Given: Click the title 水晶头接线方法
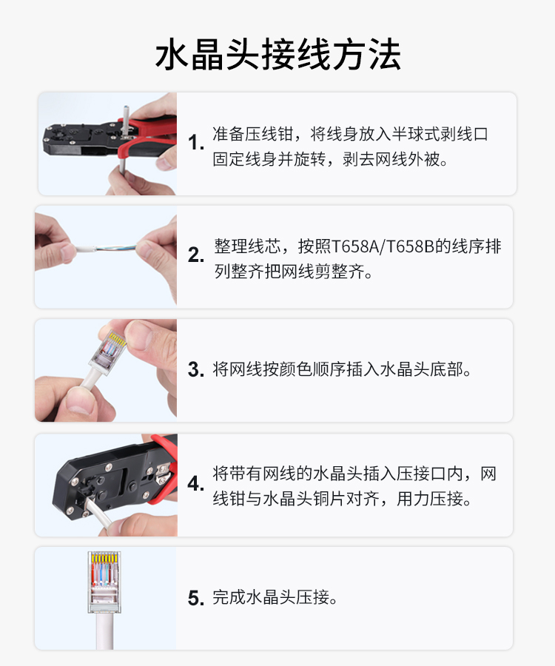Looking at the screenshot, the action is click(x=277, y=54).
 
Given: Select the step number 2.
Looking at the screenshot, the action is click(x=196, y=255).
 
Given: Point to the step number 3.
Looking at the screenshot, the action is click(x=196, y=369).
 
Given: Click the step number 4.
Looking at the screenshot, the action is click(x=196, y=483).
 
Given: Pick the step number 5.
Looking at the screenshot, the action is click(x=196, y=598).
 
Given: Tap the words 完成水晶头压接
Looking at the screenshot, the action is click(x=271, y=597).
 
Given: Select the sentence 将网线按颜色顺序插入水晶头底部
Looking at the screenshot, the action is click(x=337, y=369).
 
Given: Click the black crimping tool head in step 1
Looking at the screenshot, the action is click(x=81, y=139).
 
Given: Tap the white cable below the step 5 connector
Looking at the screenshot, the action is click(x=104, y=631).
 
